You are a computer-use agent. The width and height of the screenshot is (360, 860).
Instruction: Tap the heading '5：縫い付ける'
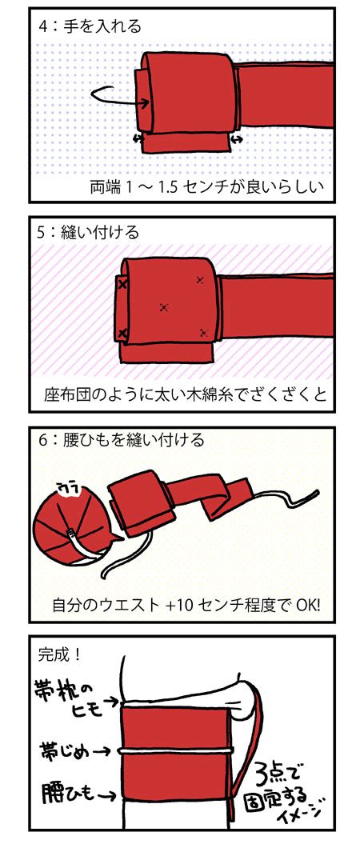tap(89, 232)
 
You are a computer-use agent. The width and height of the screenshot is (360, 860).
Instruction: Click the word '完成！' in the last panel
tap(60, 654)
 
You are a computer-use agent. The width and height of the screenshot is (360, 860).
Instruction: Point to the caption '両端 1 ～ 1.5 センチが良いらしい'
tap(207, 187)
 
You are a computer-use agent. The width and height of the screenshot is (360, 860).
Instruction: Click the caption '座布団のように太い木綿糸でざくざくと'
tap(186, 395)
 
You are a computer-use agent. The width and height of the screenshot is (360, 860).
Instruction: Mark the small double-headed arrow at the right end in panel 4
tap(237, 141)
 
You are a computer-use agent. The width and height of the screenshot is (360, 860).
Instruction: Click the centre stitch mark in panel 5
tap(163, 307)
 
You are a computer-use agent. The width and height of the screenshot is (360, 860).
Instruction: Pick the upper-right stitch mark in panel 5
tap(200, 280)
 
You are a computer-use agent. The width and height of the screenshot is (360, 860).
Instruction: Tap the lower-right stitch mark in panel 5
tap(204, 332)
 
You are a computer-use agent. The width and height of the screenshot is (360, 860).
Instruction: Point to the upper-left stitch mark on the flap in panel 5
tap(122, 284)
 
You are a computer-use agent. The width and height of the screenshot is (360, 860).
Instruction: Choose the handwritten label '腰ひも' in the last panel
tap(77, 793)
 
